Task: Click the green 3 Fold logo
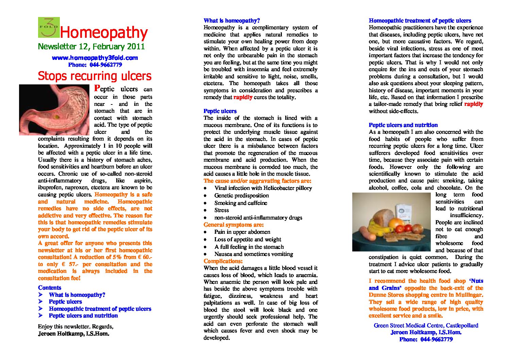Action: (x=49, y=27)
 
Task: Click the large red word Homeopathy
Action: (x=104, y=33)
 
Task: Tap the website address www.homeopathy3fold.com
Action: (x=95, y=58)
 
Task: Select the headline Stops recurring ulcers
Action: (x=95, y=76)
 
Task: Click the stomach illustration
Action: (x=54, y=110)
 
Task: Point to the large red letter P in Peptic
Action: (x=97, y=88)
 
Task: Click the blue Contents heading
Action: (x=50, y=288)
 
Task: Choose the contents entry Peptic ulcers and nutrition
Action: (x=83, y=316)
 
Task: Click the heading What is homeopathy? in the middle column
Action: (x=232, y=21)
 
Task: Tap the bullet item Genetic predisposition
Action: (x=241, y=196)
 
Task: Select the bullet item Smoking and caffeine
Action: (x=241, y=203)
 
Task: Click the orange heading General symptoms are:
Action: (x=234, y=225)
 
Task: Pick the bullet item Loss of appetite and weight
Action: (x=248, y=240)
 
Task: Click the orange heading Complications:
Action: (x=223, y=261)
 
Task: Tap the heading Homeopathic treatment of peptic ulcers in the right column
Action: (x=420, y=21)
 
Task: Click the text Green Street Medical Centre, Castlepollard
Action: (x=426, y=326)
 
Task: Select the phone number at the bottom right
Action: (x=426, y=340)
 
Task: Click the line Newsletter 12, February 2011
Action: (x=91, y=47)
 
